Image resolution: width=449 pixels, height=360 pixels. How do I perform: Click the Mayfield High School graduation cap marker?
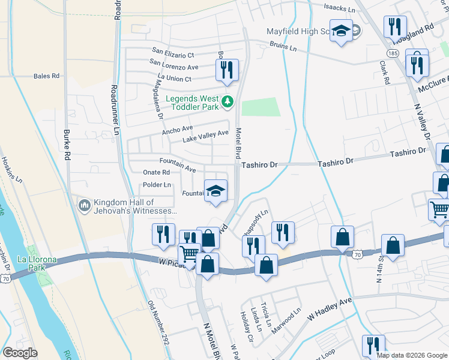[342, 31]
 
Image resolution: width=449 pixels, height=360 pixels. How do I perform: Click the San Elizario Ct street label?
[173, 53]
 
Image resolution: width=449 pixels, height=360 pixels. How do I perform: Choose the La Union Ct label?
[174, 79]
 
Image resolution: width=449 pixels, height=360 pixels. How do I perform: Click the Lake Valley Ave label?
[205, 136]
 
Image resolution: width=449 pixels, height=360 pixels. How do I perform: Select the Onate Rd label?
[156, 172]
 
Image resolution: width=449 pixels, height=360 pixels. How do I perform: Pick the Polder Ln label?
[157, 185]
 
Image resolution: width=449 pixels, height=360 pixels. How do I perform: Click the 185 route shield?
[393, 53]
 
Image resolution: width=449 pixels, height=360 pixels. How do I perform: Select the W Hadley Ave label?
[330, 311]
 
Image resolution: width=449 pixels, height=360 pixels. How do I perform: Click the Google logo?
[20, 353]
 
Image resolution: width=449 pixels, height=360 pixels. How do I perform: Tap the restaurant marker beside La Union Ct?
[227, 70]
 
